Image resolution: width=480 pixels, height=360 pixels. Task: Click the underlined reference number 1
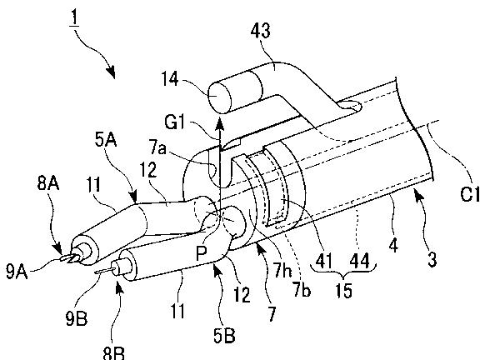pos(74,18)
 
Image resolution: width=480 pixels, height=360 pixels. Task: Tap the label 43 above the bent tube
pos(261,31)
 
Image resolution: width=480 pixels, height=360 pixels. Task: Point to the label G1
pos(175,122)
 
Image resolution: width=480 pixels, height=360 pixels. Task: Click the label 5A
pos(106,141)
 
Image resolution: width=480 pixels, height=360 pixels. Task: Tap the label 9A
pos(17,271)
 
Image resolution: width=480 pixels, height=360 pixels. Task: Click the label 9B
pos(76,318)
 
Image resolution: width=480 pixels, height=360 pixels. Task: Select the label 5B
pos(224,336)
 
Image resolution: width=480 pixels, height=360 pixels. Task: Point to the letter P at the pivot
pos(202,253)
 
